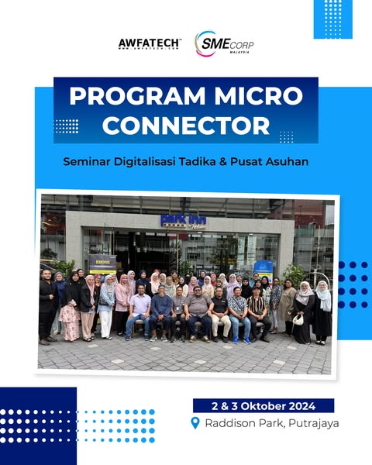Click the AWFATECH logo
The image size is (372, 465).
pos(150,43)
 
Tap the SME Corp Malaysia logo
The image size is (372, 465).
pos(225,44)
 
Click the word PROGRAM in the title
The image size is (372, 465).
pos(129,97)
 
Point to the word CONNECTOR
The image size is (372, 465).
pos(186,125)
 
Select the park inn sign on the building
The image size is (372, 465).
pos(183,219)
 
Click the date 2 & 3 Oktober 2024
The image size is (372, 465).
pos(263,405)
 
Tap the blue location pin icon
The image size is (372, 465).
pos(195,423)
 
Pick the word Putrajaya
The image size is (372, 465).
pos(309,423)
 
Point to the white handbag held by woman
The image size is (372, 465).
pos(298,319)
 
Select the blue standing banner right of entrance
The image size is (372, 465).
pos(263,267)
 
